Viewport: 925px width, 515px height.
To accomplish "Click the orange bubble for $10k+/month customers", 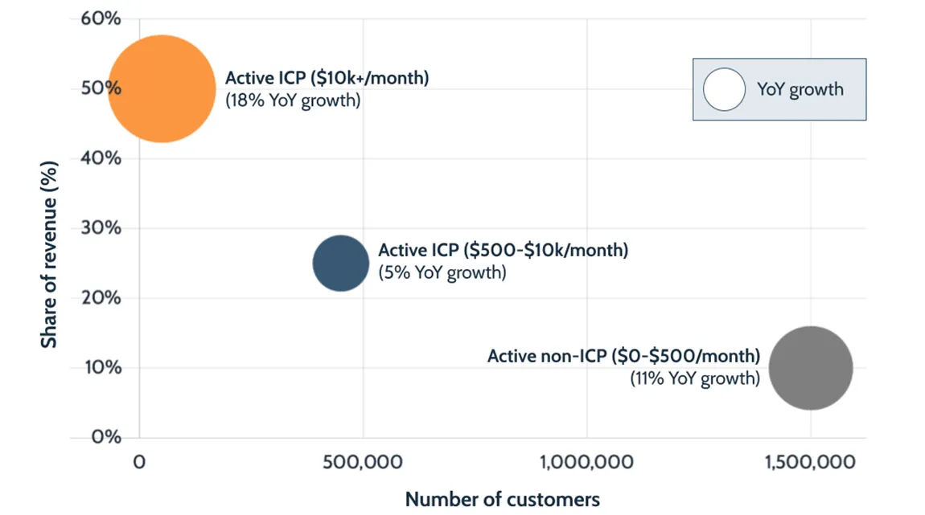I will (x=162, y=88).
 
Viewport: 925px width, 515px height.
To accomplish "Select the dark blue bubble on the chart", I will (x=341, y=263).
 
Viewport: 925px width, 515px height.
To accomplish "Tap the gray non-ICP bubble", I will (x=810, y=368).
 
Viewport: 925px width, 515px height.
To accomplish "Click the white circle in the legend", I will (x=725, y=89).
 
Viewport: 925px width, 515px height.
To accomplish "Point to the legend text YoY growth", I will (x=800, y=89).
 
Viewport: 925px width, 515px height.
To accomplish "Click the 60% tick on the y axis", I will (x=101, y=18).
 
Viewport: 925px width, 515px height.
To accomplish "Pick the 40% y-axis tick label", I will (x=101, y=158).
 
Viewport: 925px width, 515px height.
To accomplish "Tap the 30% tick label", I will (x=101, y=228).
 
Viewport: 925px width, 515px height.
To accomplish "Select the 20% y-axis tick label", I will (x=101, y=298).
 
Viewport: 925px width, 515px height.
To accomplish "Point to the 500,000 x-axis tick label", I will (x=363, y=463).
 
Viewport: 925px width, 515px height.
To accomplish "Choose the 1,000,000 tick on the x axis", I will (x=586, y=463).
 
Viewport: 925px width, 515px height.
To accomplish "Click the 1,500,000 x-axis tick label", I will (x=810, y=463).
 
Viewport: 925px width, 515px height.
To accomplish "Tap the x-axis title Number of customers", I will (x=502, y=500).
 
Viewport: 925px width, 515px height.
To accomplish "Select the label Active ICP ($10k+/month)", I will (x=327, y=79).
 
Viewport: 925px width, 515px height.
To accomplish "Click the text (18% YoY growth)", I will (x=293, y=101).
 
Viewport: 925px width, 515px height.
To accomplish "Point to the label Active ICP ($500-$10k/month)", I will (x=503, y=250).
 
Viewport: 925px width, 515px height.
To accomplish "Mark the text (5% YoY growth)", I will (x=442, y=273).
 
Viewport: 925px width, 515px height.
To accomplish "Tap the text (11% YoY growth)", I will (x=695, y=378).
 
